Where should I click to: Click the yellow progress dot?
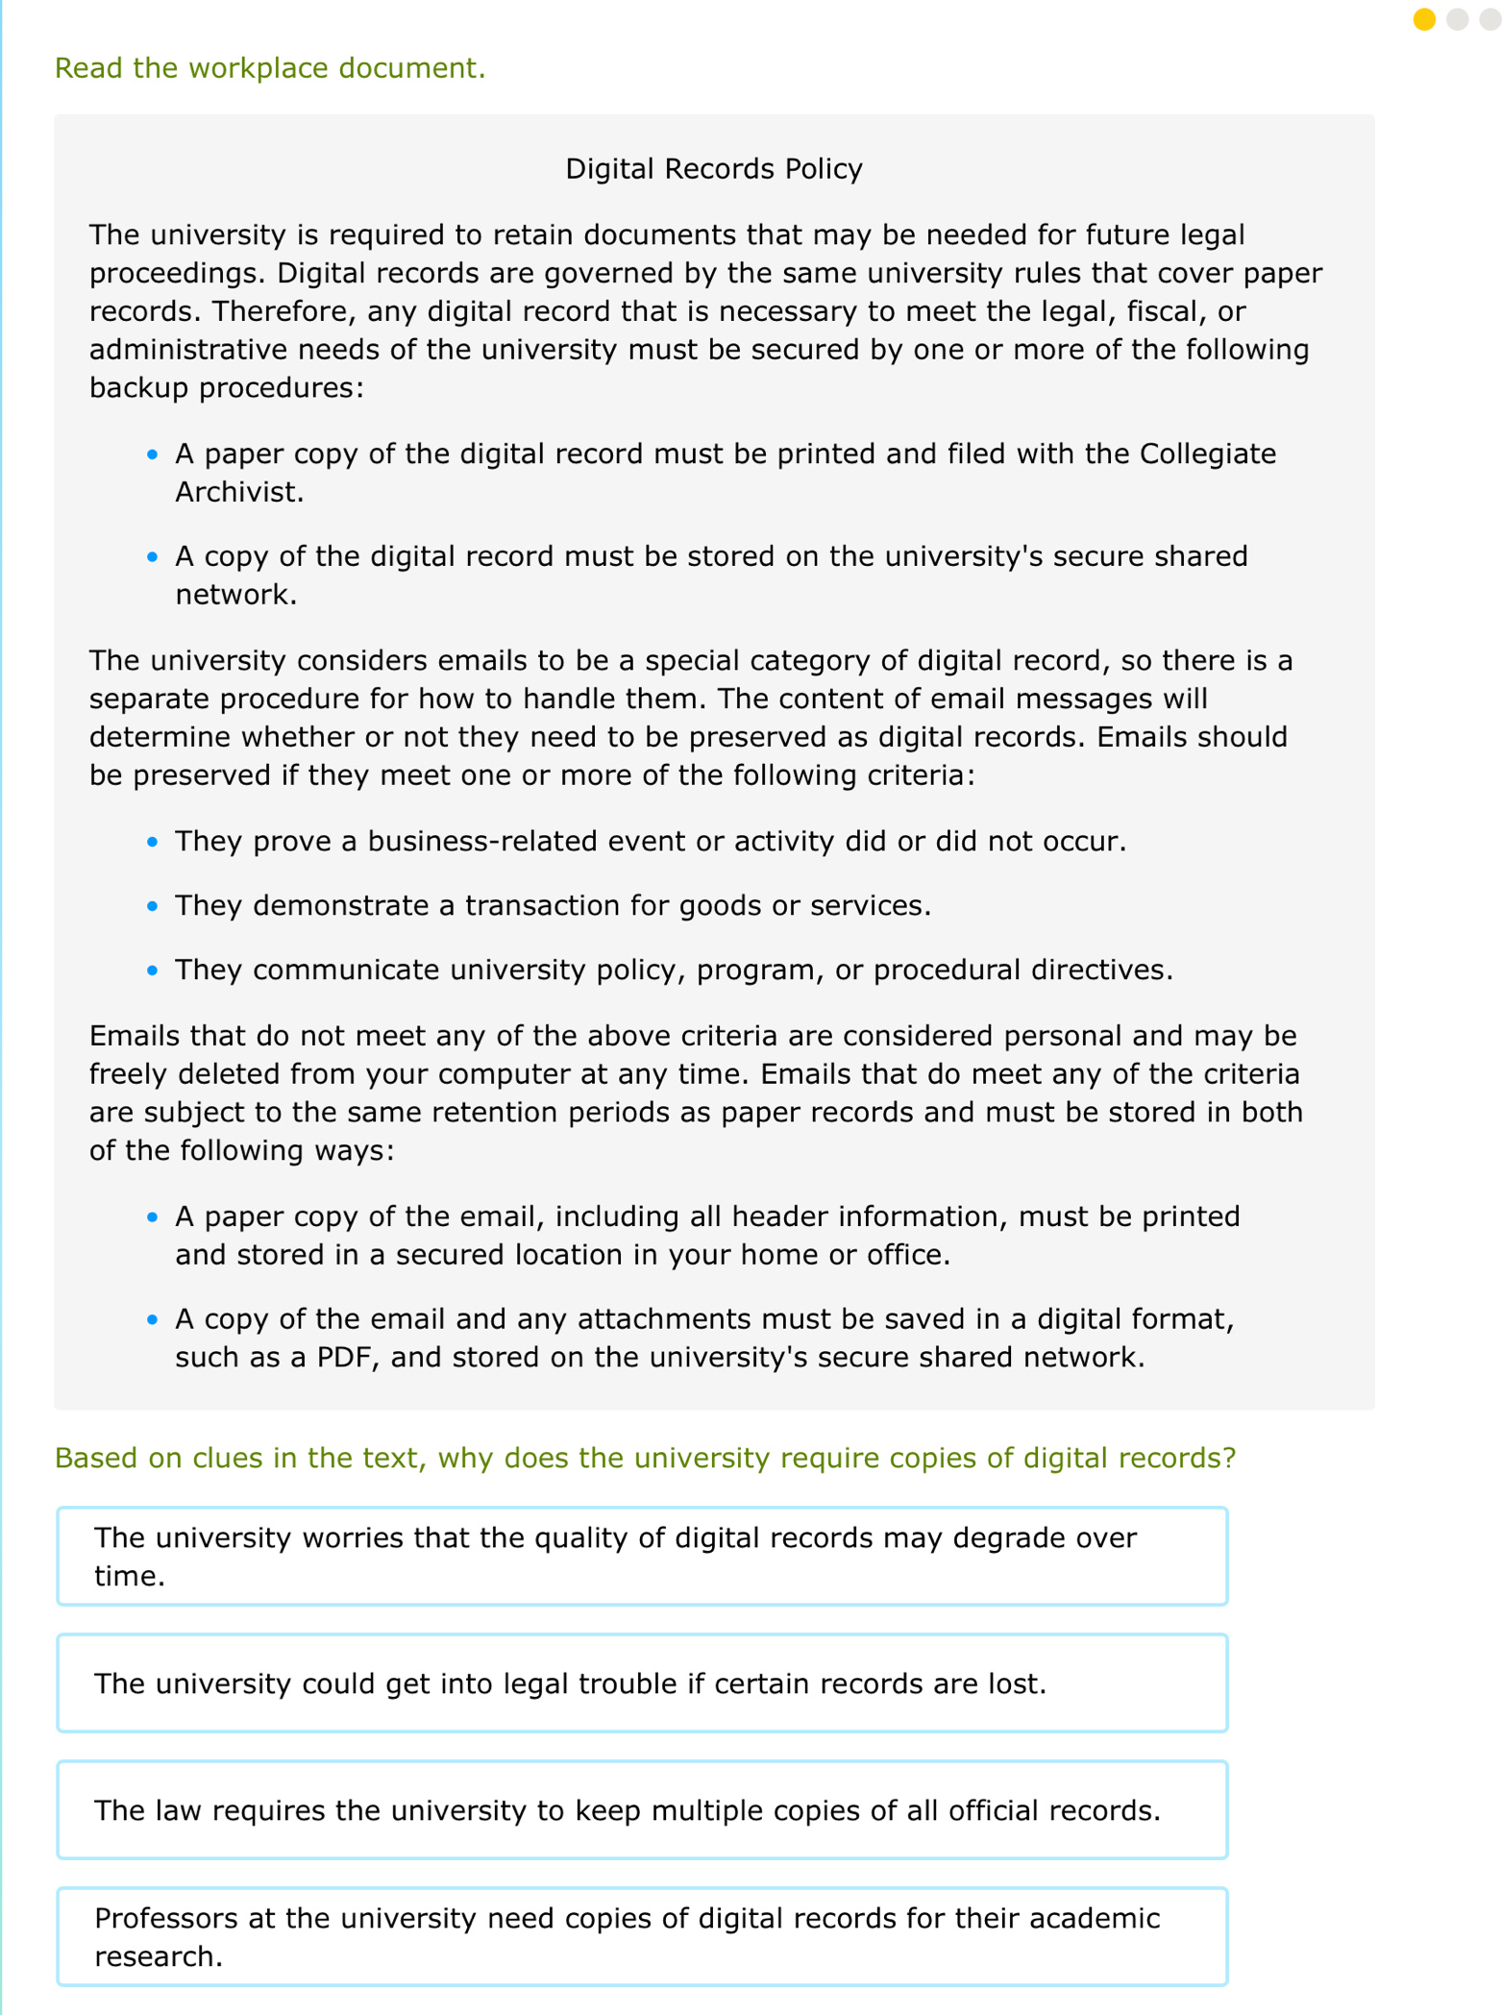pos(1423,20)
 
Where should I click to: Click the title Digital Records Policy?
pos(713,169)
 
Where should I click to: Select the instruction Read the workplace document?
pos(270,68)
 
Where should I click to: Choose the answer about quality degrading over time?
pos(642,1556)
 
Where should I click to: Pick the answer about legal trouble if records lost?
pos(642,1683)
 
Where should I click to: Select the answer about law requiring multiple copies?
pos(642,1810)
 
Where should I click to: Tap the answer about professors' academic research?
pos(642,1936)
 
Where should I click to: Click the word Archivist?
pos(239,492)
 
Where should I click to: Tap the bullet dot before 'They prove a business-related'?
pos(152,842)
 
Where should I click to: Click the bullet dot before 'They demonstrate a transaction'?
pos(152,906)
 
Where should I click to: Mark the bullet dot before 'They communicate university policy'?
pos(152,971)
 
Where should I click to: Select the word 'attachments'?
pos(658,1318)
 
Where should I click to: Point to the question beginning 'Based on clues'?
pos(645,1458)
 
